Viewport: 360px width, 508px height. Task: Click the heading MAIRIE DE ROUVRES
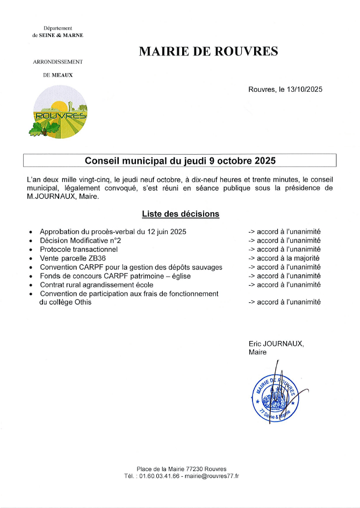tap(208, 52)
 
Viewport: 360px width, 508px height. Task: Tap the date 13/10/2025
tap(301, 90)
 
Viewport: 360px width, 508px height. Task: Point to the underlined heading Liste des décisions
tap(181, 214)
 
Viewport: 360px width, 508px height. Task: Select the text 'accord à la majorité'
tap(288, 258)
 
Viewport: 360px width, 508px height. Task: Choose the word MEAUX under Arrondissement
tap(62, 75)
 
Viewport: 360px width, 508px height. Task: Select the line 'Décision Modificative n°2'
tap(80, 241)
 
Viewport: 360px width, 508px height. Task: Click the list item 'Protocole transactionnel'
tap(78, 249)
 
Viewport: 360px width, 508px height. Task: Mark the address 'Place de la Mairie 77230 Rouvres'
tap(182, 469)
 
